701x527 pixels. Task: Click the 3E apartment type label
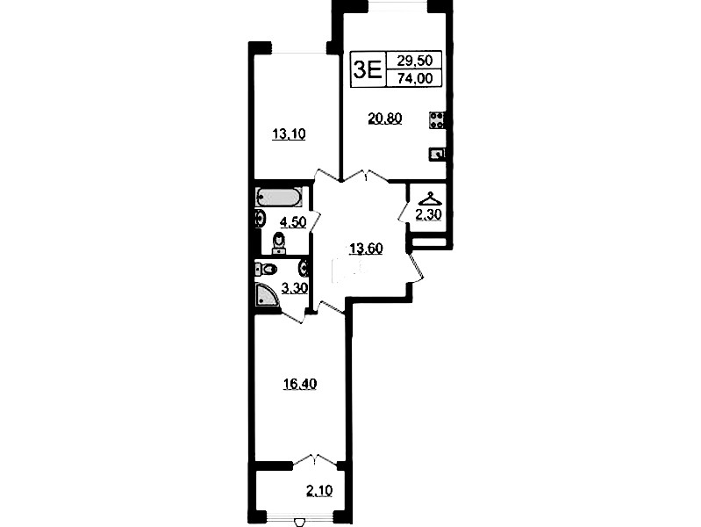pyautogui.click(x=367, y=69)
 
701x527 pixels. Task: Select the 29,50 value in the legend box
pyautogui.click(x=414, y=60)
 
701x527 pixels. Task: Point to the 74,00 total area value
pyautogui.click(x=415, y=78)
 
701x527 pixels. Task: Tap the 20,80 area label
pyautogui.click(x=385, y=119)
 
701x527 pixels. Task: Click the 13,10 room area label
pyautogui.click(x=289, y=134)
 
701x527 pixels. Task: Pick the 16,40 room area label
pyautogui.click(x=300, y=384)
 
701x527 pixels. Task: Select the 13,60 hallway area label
pyautogui.click(x=366, y=248)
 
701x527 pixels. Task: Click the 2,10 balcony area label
pyautogui.click(x=319, y=491)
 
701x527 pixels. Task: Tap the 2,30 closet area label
pyautogui.click(x=428, y=215)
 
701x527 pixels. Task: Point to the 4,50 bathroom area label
pyautogui.click(x=293, y=221)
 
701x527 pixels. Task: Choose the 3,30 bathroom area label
pyautogui.click(x=294, y=288)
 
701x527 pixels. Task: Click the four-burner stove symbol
pyautogui.click(x=437, y=120)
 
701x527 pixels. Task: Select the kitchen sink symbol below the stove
pyautogui.click(x=437, y=154)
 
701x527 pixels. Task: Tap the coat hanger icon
pyautogui.click(x=429, y=199)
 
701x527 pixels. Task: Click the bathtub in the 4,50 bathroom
pyautogui.click(x=278, y=197)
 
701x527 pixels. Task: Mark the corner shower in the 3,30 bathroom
pyautogui.click(x=268, y=294)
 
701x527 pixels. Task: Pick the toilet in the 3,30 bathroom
pyautogui.click(x=266, y=269)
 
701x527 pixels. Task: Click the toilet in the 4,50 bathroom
pyautogui.click(x=280, y=244)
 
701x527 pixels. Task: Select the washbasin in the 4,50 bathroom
pyautogui.click(x=261, y=220)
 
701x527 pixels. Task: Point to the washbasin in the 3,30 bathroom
pyautogui.click(x=304, y=268)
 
